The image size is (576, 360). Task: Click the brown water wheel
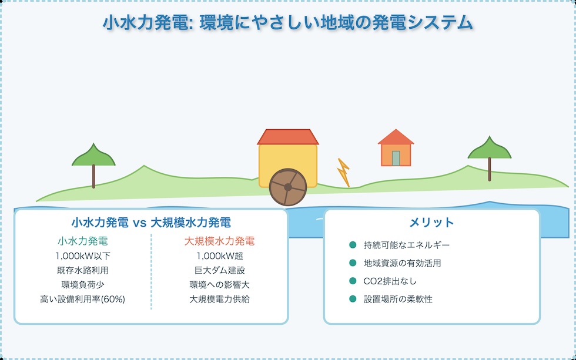288,186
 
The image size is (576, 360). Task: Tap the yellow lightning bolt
343,173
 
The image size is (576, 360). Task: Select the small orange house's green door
396,158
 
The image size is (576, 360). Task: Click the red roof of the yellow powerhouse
288,137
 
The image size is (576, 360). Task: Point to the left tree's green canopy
93,157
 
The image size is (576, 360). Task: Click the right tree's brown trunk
490,169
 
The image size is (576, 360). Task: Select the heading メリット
431,223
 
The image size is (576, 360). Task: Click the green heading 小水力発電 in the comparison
83,241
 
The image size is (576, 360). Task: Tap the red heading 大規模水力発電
219,241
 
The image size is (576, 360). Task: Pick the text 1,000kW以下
83,256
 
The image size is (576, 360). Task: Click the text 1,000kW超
219,256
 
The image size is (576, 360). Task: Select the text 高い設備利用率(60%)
83,299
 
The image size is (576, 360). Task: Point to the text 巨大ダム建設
219,270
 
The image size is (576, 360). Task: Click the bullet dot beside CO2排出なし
353,281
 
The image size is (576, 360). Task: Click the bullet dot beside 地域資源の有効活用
353,263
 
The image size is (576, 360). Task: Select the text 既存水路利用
83,270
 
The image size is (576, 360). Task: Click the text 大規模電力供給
219,299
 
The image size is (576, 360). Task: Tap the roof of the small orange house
396,138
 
